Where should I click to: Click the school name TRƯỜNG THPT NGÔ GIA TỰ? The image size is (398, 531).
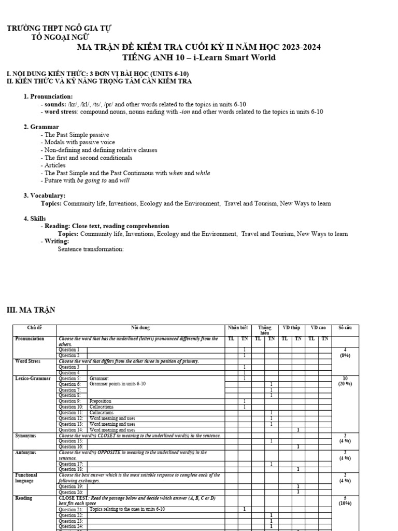click(59, 28)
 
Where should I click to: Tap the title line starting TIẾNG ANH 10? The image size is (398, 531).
click(198, 58)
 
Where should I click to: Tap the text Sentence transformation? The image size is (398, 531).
click(91, 249)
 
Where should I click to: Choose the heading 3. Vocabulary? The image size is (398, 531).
click(45, 195)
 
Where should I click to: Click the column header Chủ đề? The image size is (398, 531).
click(34, 328)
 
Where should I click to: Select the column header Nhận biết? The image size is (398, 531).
click(238, 328)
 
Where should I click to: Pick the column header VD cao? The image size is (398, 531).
click(318, 328)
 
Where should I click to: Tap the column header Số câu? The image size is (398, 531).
click(345, 328)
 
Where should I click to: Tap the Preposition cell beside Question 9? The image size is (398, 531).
click(100, 401)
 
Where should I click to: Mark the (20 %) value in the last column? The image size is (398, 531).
click(345, 384)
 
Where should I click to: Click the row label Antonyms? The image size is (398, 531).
click(26, 453)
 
